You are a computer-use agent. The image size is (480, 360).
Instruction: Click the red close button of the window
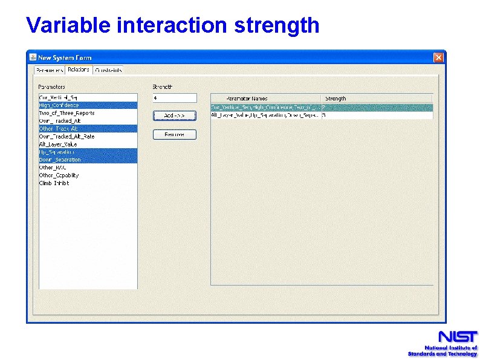(x=438, y=57)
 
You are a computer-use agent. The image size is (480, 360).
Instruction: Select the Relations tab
(x=79, y=70)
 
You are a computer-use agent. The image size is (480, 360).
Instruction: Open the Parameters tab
(x=49, y=70)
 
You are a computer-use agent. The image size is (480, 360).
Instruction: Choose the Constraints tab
(x=108, y=70)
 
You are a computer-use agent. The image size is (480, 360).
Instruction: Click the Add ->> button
(x=174, y=116)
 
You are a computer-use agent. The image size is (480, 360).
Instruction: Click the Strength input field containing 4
(x=174, y=98)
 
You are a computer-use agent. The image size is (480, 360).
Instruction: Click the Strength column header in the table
(x=336, y=99)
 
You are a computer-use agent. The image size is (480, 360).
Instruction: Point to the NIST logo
(x=443, y=343)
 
